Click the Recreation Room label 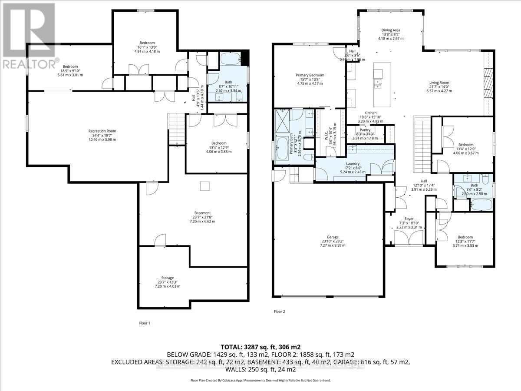tap(102, 131)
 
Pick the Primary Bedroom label tap(310, 75)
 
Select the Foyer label tap(409, 219)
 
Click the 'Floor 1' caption tap(144, 323)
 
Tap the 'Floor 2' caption tap(280, 311)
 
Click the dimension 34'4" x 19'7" tap(102, 135)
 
